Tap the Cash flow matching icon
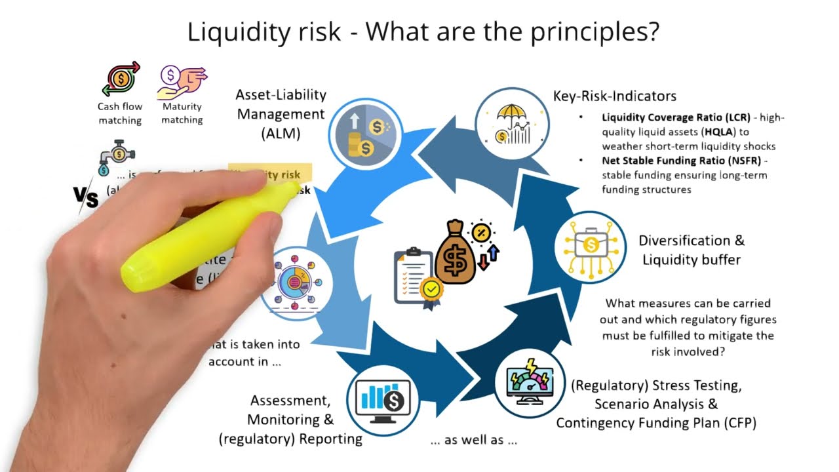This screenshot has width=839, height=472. tap(121, 79)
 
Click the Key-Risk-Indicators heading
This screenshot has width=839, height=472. tap(615, 96)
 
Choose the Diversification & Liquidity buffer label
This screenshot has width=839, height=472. tap(692, 250)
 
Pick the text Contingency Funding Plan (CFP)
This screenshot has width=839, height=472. tap(656, 423)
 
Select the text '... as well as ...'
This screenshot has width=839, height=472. tap(473, 441)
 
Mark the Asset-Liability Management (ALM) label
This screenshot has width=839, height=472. tap(281, 114)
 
